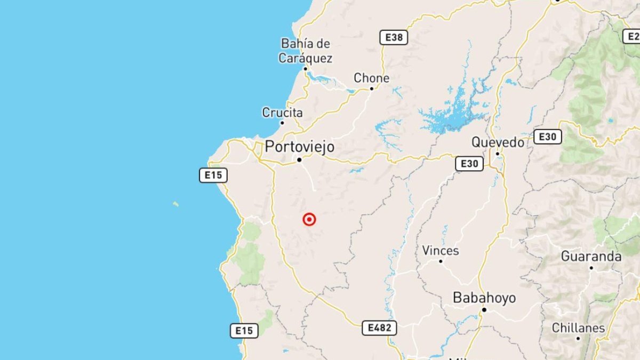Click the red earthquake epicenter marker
click(x=309, y=219)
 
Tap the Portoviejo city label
click(x=300, y=147)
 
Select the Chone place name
click(x=372, y=78)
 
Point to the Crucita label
click(x=282, y=113)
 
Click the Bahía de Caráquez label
click(x=306, y=51)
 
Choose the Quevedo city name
click(x=498, y=142)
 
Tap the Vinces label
click(x=441, y=250)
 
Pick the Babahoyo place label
click(x=484, y=298)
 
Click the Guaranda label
click(x=591, y=257)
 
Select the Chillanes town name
click(x=578, y=327)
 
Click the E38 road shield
click(x=394, y=37)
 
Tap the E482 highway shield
click(x=379, y=327)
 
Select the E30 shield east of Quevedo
click(x=547, y=137)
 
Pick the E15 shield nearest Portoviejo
click(x=213, y=175)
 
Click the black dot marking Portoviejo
click(x=299, y=159)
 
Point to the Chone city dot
click(x=372, y=88)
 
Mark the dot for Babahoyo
click(x=484, y=309)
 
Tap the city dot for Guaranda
click(x=591, y=268)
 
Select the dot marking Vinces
click(x=441, y=261)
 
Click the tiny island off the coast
click(x=175, y=204)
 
